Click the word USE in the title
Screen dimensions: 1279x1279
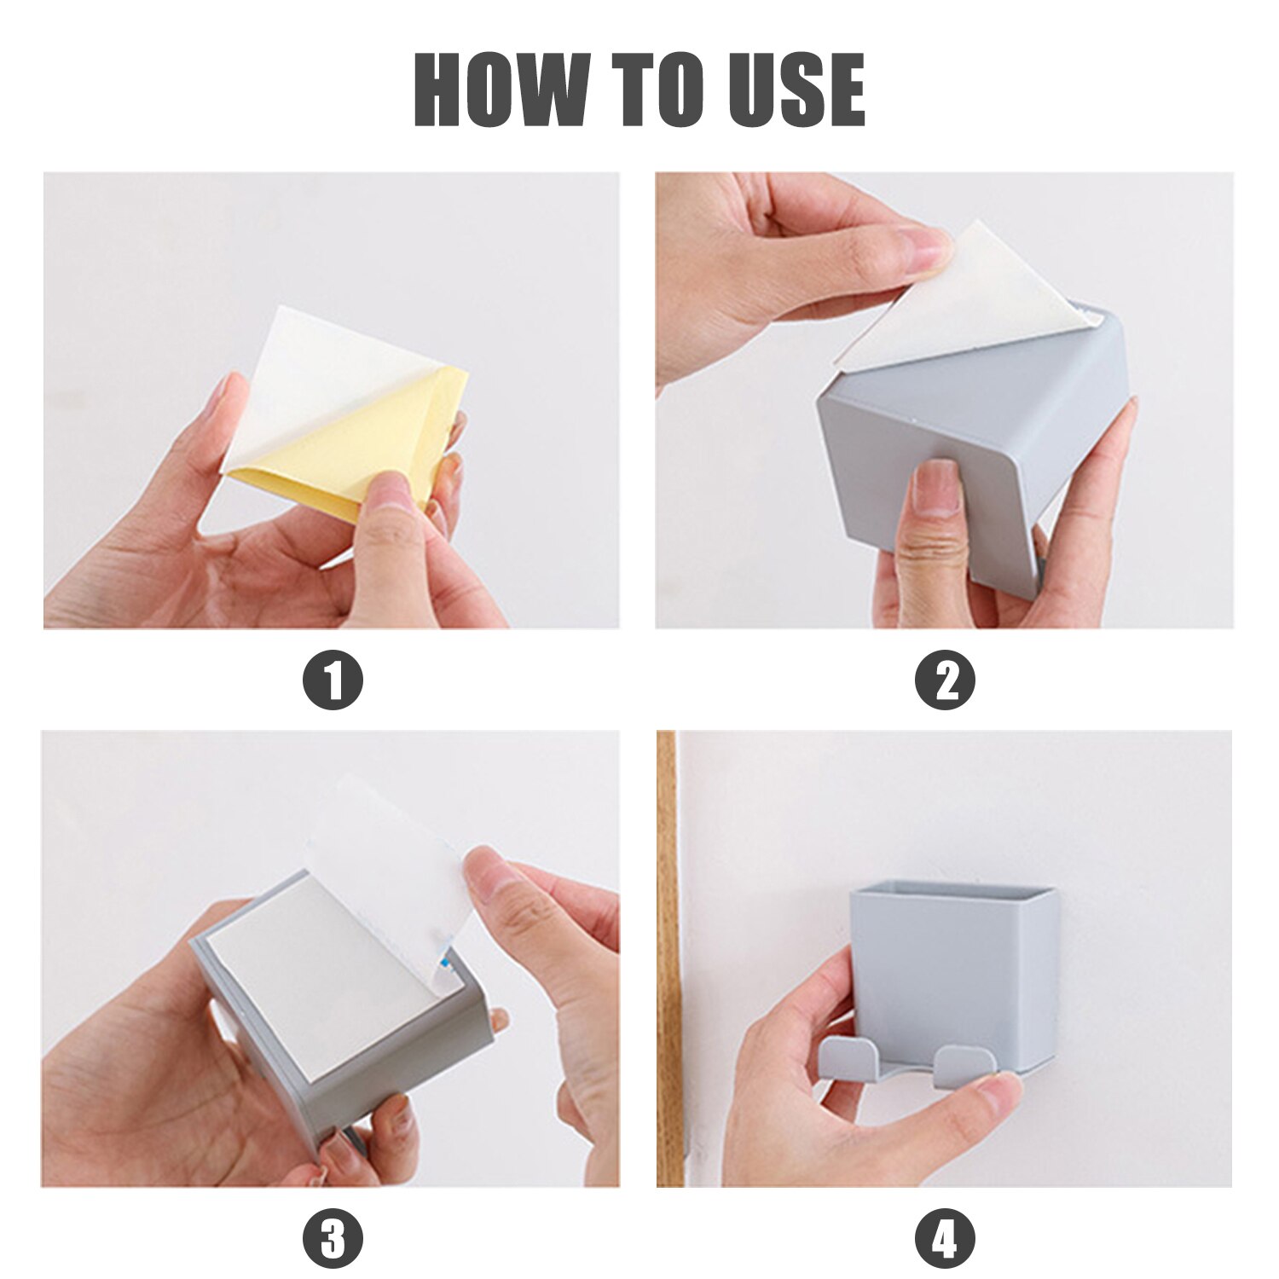pos(797,90)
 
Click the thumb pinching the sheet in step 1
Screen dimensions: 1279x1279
pos(388,503)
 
